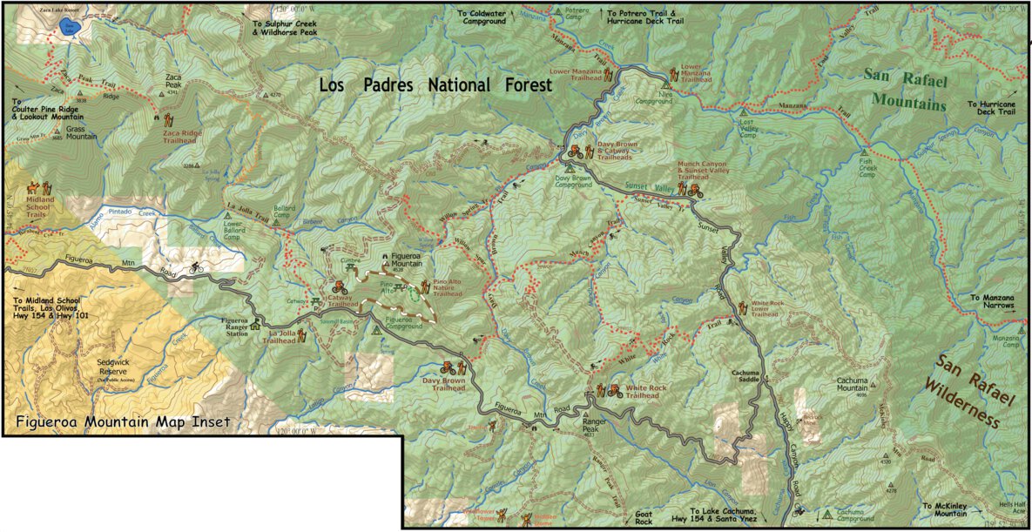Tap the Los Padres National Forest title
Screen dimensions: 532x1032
point(435,85)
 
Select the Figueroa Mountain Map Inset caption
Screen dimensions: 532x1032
point(123,422)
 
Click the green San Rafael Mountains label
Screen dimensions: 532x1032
point(904,89)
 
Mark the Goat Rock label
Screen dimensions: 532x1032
point(643,517)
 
